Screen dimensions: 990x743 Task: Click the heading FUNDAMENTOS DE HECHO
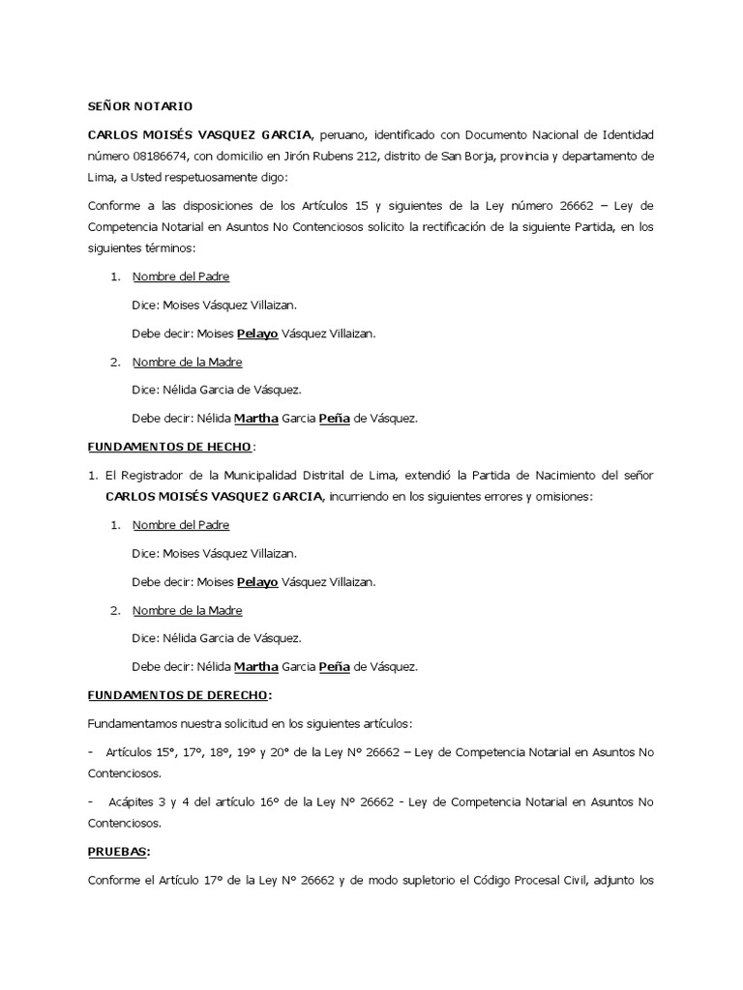[169, 447]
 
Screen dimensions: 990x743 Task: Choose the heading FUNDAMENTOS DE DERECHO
[178, 695]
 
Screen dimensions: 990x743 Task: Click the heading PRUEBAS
[118, 852]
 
